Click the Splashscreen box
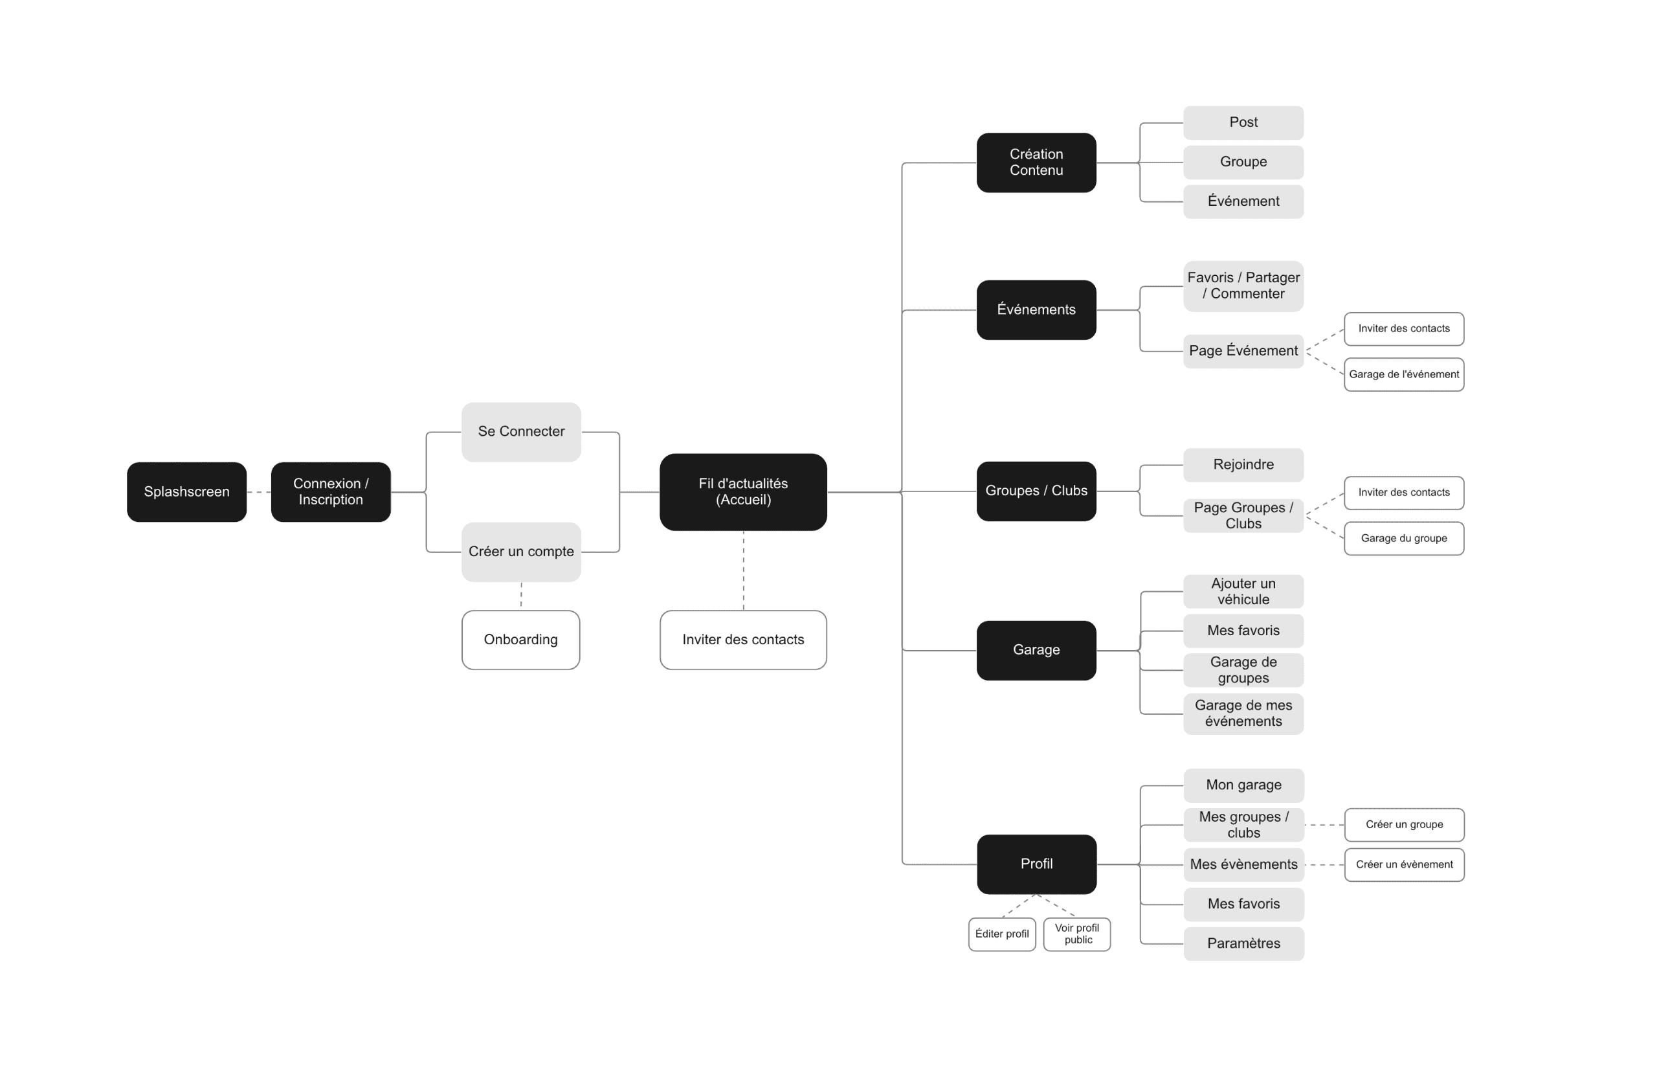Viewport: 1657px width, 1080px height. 186,491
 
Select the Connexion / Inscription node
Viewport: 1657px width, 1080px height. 331,491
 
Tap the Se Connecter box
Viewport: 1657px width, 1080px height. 522,432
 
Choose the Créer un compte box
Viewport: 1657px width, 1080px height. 522,552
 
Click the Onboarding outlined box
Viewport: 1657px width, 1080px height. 521,640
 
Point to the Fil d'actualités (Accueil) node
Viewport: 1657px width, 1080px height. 744,491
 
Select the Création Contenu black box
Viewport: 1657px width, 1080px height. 1037,163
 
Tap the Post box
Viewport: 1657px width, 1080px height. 1243,122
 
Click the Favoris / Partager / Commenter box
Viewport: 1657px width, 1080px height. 1243,286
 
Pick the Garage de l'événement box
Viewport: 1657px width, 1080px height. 1405,375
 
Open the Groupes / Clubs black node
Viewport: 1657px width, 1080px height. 1037,491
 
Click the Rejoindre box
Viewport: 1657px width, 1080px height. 1243,464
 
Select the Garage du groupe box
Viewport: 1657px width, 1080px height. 1405,538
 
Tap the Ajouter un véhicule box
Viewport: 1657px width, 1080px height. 1243,591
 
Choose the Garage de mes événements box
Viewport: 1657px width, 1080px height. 1243,714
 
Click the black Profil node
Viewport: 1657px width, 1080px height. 1037,864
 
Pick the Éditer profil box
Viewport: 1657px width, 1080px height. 1002,934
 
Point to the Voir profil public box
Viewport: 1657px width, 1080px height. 1077,934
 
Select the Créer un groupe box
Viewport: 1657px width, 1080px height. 1405,825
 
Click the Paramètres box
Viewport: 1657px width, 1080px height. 1243,943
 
